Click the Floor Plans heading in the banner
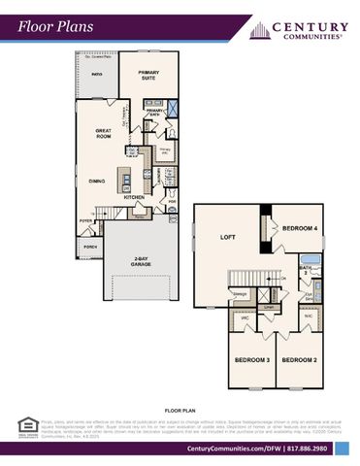56,26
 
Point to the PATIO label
97,74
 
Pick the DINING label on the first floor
98,180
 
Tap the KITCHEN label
134,197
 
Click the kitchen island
125,180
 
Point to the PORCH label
90,248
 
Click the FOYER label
85,220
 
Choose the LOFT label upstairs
228,236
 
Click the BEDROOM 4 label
299,228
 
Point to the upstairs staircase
246,281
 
